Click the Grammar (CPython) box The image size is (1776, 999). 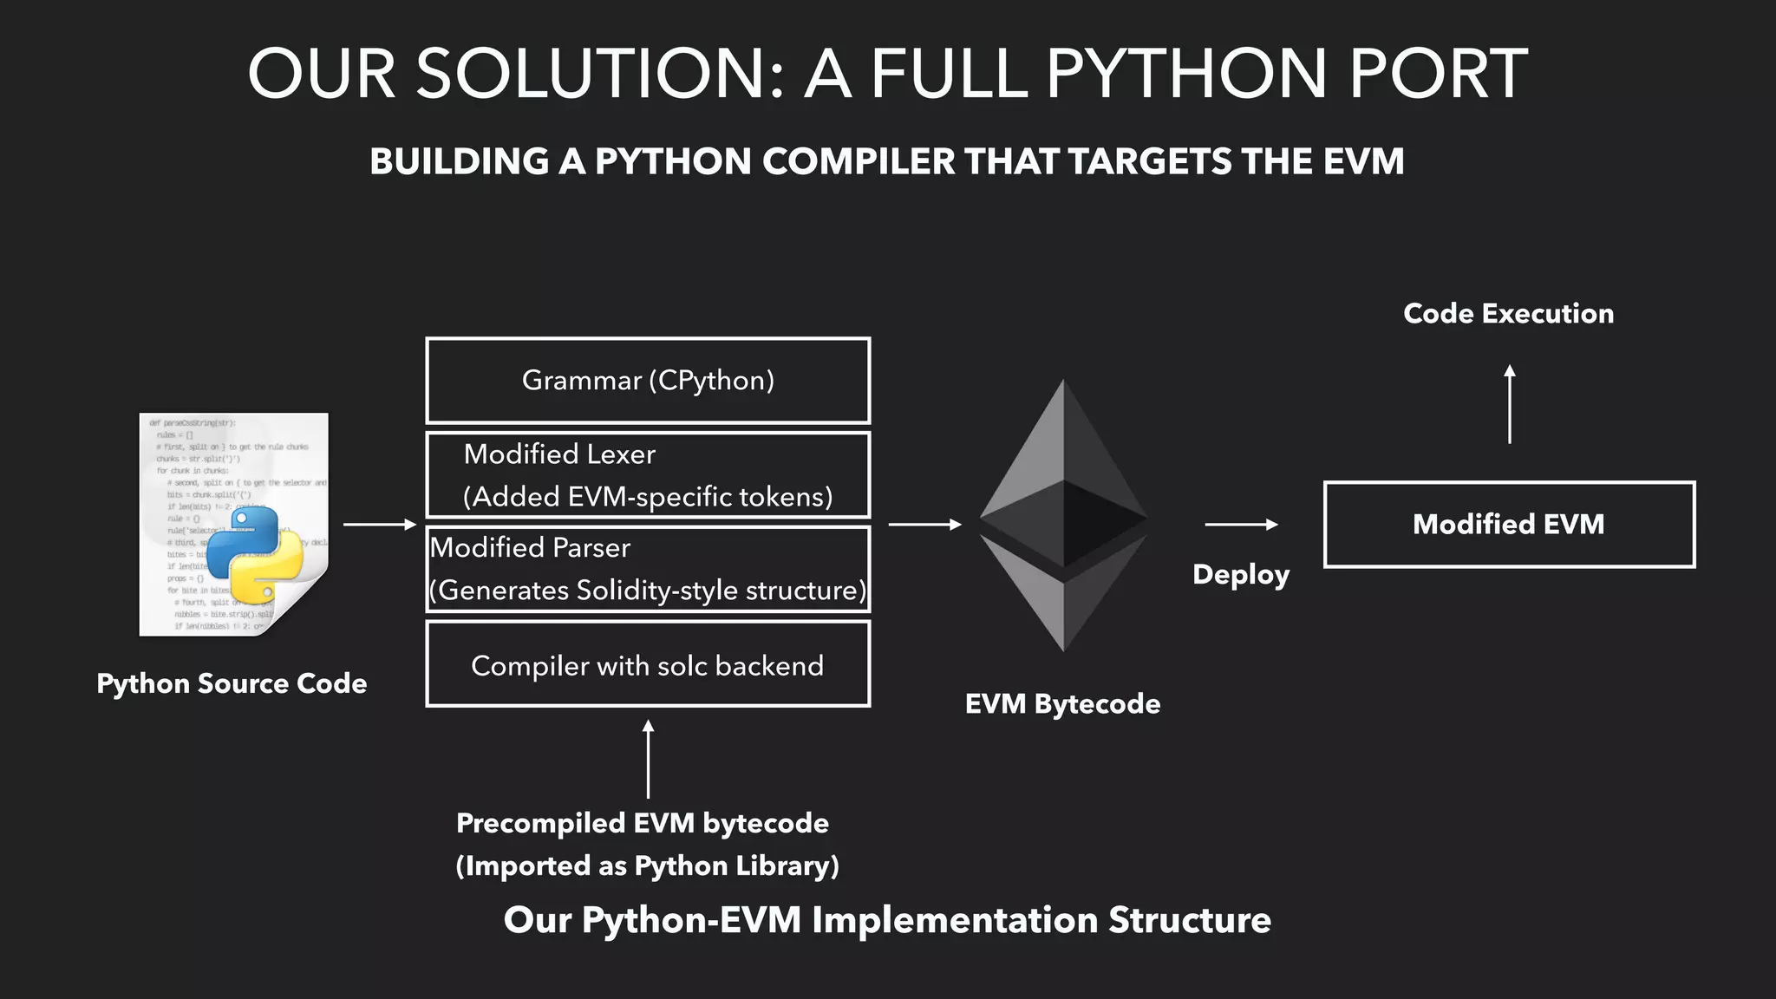(x=648, y=381)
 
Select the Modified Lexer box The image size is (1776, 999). (x=648, y=475)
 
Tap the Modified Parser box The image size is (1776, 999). (x=648, y=569)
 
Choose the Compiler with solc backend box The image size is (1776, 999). (x=648, y=664)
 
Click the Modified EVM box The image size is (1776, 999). (x=1509, y=525)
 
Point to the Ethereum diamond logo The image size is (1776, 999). (x=1063, y=516)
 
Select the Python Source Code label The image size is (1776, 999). (x=232, y=683)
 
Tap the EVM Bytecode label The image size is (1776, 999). (x=1062, y=703)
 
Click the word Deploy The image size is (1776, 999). (x=1241, y=575)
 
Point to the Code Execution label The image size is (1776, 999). (x=1508, y=313)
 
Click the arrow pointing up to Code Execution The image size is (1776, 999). (x=1510, y=404)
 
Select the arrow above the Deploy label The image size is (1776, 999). (x=1241, y=525)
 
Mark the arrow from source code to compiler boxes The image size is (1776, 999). (x=380, y=525)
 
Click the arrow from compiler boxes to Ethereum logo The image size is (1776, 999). (x=925, y=525)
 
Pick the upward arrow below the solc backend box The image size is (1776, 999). (x=648, y=759)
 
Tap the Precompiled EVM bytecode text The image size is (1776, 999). (x=643, y=823)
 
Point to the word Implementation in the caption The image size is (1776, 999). (x=954, y=920)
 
